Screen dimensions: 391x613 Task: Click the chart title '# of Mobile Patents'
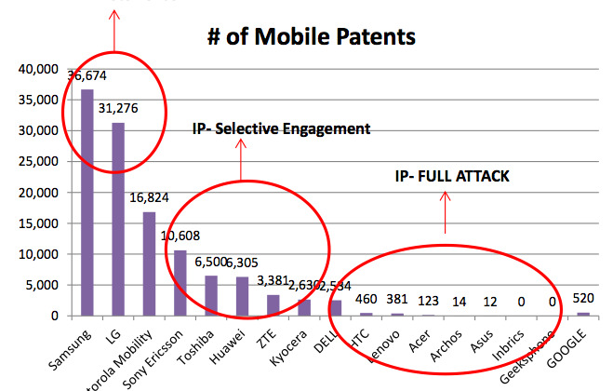[x=312, y=37]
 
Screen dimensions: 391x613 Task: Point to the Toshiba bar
[x=211, y=295]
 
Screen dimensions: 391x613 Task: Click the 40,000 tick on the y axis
[x=35, y=69]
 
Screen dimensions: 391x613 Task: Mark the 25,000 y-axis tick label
[x=35, y=161]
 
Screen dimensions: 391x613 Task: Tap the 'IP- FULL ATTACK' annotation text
[x=450, y=175]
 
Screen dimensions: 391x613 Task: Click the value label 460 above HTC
[x=366, y=300]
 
